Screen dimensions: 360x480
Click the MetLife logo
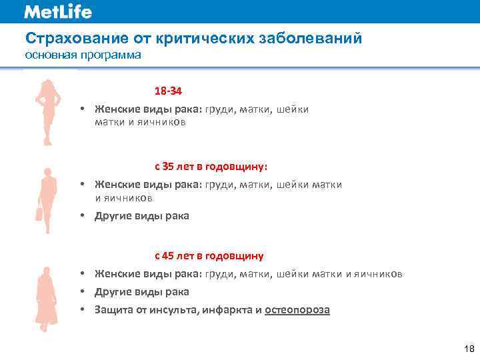click(58, 12)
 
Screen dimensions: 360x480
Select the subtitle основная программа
click(83, 55)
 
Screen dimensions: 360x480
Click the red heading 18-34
click(169, 91)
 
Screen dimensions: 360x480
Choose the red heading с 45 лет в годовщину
click(209, 256)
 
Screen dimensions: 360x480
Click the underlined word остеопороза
click(297, 310)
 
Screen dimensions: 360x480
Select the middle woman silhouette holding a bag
click(45, 199)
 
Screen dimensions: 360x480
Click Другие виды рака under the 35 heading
click(142, 216)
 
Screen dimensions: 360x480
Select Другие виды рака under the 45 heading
click(142, 292)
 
